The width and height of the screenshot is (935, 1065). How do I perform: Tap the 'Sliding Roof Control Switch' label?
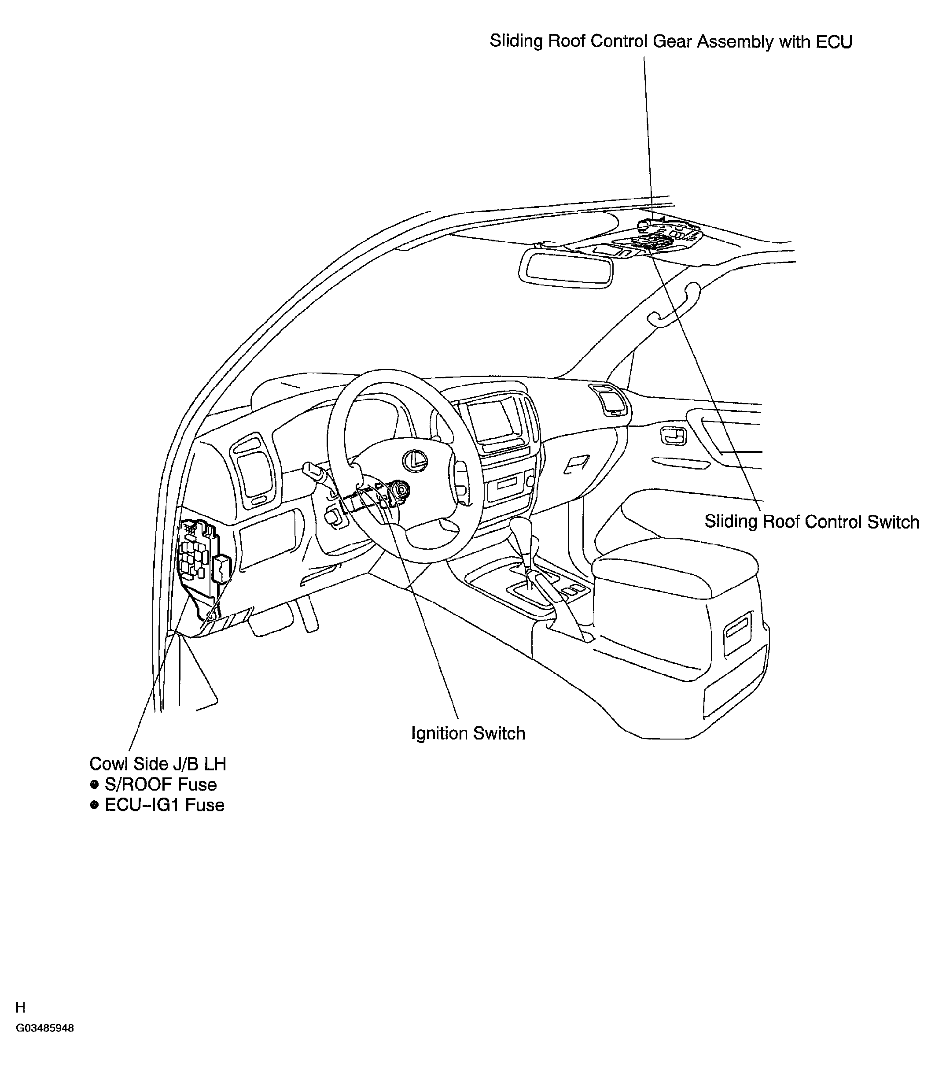pyautogui.click(x=812, y=522)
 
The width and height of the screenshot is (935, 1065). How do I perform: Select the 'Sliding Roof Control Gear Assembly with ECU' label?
pyautogui.click(x=671, y=41)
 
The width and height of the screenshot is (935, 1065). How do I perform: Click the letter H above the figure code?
pyautogui.click(x=20, y=1008)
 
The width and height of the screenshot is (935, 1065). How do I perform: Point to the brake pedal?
pyautogui.click(x=271, y=621)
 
